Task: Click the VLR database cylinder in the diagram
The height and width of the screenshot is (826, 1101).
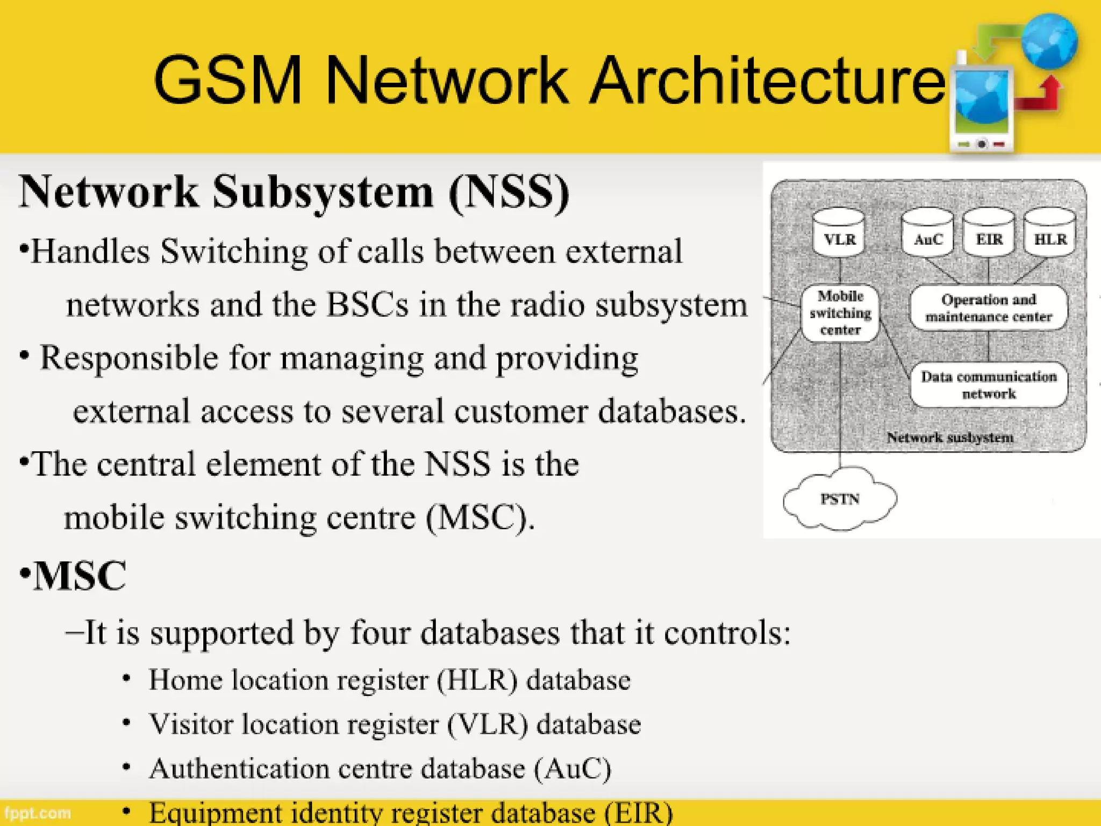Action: (x=839, y=234)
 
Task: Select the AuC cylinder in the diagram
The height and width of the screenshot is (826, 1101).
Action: (x=928, y=234)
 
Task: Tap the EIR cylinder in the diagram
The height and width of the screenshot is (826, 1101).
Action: (x=989, y=234)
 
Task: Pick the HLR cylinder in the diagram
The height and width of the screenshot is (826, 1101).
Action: (x=1050, y=234)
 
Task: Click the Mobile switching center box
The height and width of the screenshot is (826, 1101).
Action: (x=840, y=313)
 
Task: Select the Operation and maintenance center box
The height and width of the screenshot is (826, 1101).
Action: (x=989, y=308)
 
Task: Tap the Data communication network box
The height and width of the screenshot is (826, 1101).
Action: (x=989, y=384)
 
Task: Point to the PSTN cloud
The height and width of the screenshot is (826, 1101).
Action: (x=840, y=499)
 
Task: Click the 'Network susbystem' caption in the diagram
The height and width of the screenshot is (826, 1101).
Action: (x=950, y=437)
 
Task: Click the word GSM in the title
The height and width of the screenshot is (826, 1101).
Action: (x=228, y=81)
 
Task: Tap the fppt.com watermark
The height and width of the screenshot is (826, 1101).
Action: (x=38, y=813)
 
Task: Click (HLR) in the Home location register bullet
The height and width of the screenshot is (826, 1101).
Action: (x=477, y=680)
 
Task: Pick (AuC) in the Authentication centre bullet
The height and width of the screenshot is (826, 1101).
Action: (x=573, y=768)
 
